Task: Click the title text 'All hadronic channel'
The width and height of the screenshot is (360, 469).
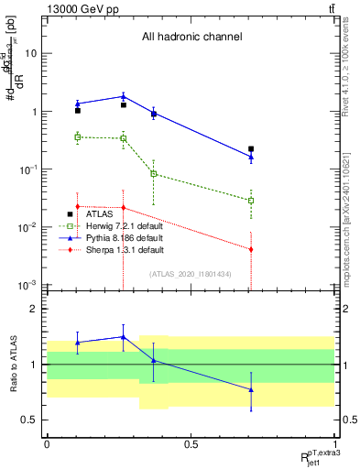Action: [191, 38]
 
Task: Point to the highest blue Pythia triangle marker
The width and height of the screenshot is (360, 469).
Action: [123, 96]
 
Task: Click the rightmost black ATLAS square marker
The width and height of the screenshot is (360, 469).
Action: [251, 148]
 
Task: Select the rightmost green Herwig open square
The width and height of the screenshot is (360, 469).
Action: [251, 200]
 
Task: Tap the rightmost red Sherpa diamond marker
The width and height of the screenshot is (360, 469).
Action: [251, 249]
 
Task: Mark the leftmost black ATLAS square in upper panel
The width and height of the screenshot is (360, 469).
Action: [78, 111]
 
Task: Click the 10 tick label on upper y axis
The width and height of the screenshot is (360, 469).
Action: [29, 53]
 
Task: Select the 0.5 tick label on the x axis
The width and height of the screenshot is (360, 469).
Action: [191, 443]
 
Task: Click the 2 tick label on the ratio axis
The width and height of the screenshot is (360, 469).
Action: [35, 310]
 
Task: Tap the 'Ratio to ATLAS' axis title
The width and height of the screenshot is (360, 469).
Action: [13, 365]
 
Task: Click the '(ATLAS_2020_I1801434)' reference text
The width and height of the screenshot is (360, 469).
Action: [191, 274]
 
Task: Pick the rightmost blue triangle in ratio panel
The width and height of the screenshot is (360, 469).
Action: [251, 389]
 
